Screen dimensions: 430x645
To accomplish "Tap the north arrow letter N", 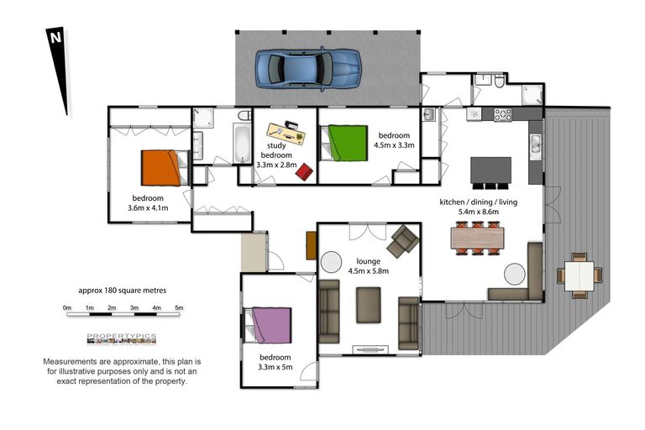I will click(x=55, y=38).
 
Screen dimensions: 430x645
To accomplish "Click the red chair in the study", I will click(x=304, y=171).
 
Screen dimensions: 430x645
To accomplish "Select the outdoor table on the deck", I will click(x=578, y=274).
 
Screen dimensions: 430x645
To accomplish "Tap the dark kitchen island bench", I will click(x=490, y=170).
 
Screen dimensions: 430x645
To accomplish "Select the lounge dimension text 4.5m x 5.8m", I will click(x=368, y=270).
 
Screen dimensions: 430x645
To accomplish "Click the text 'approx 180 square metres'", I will click(x=122, y=290).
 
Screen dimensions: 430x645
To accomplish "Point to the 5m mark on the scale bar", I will click(x=179, y=309).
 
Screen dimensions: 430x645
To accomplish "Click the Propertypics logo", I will click(x=122, y=338).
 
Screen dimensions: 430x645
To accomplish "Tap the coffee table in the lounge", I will click(x=368, y=305).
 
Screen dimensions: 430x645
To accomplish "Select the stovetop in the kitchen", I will click(x=502, y=115).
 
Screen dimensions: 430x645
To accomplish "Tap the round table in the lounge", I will click(x=331, y=261).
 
